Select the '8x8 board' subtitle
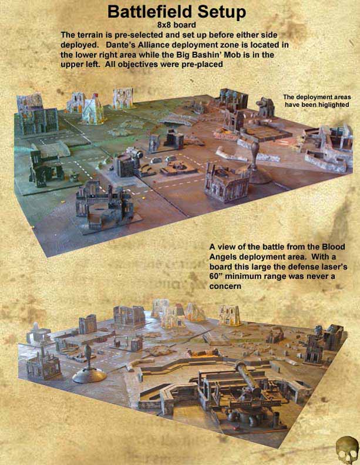pos(176,25)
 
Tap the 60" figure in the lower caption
pos(216,277)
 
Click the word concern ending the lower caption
pos(225,287)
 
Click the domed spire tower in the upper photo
pos(257,163)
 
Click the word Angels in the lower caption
pos(223,257)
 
